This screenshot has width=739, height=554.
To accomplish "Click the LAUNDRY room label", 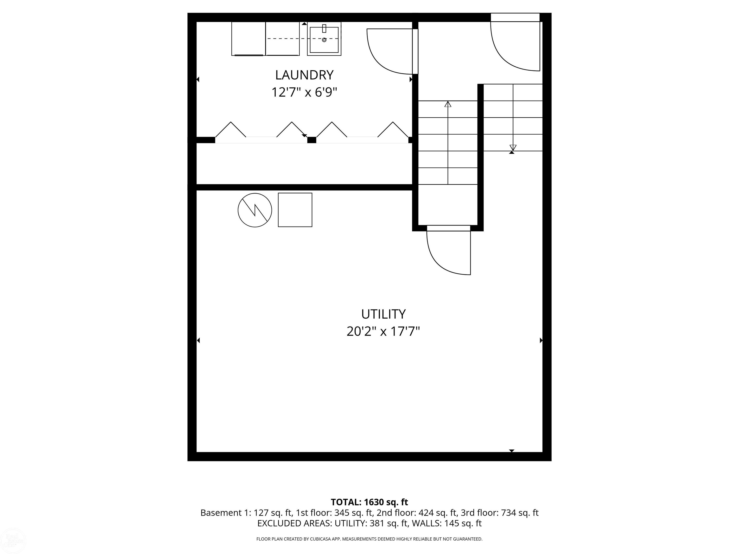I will pyautogui.click(x=304, y=75).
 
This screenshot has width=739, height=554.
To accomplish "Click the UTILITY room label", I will pyautogui.click(x=383, y=314).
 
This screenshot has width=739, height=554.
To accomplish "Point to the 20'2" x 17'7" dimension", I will pyautogui.click(x=383, y=332).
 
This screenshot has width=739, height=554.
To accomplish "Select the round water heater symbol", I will pyautogui.click(x=255, y=210).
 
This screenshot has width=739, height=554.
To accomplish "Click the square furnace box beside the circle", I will pyautogui.click(x=295, y=210).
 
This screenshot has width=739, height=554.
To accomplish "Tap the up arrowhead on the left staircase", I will pyautogui.click(x=448, y=104).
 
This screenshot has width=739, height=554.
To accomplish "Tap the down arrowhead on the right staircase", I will pyautogui.click(x=513, y=147).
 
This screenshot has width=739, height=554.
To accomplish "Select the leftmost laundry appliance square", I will pyautogui.click(x=248, y=38).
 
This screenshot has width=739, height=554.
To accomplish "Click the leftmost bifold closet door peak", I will pyautogui.click(x=230, y=129).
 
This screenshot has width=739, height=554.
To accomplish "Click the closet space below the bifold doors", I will pyautogui.click(x=304, y=164).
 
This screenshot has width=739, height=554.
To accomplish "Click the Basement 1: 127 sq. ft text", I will pyautogui.click(x=246, y=513).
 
